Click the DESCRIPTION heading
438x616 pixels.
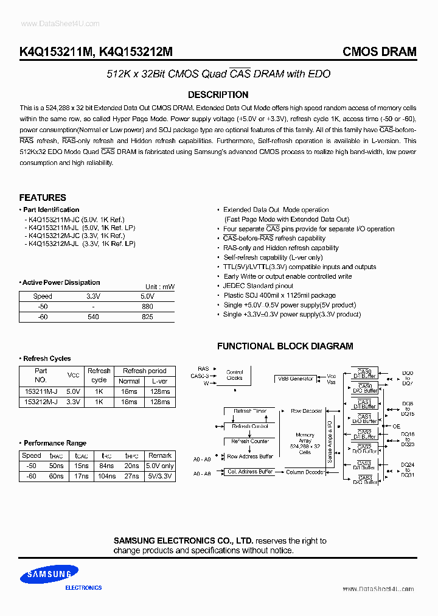[218, 95]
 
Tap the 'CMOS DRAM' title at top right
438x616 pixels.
[380, 52]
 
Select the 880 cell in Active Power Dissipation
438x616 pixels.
[147, 307]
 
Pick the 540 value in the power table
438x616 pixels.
[93, 317]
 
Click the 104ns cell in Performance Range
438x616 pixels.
[106, 477]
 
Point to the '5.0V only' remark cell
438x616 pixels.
[160, 466]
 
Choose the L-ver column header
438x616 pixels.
[160, 381]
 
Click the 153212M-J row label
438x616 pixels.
[41, 402]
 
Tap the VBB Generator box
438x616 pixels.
[296, 379]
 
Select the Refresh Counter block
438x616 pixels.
[251, 441]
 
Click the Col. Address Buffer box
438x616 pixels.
[249, 472]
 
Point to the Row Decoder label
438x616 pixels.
[306, 411]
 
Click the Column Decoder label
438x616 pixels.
[306, 472]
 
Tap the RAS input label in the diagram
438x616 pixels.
[203, 369]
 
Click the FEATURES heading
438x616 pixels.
[43, 198]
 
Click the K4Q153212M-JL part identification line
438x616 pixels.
[80, 243]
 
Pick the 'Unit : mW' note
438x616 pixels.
[160, 287]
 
